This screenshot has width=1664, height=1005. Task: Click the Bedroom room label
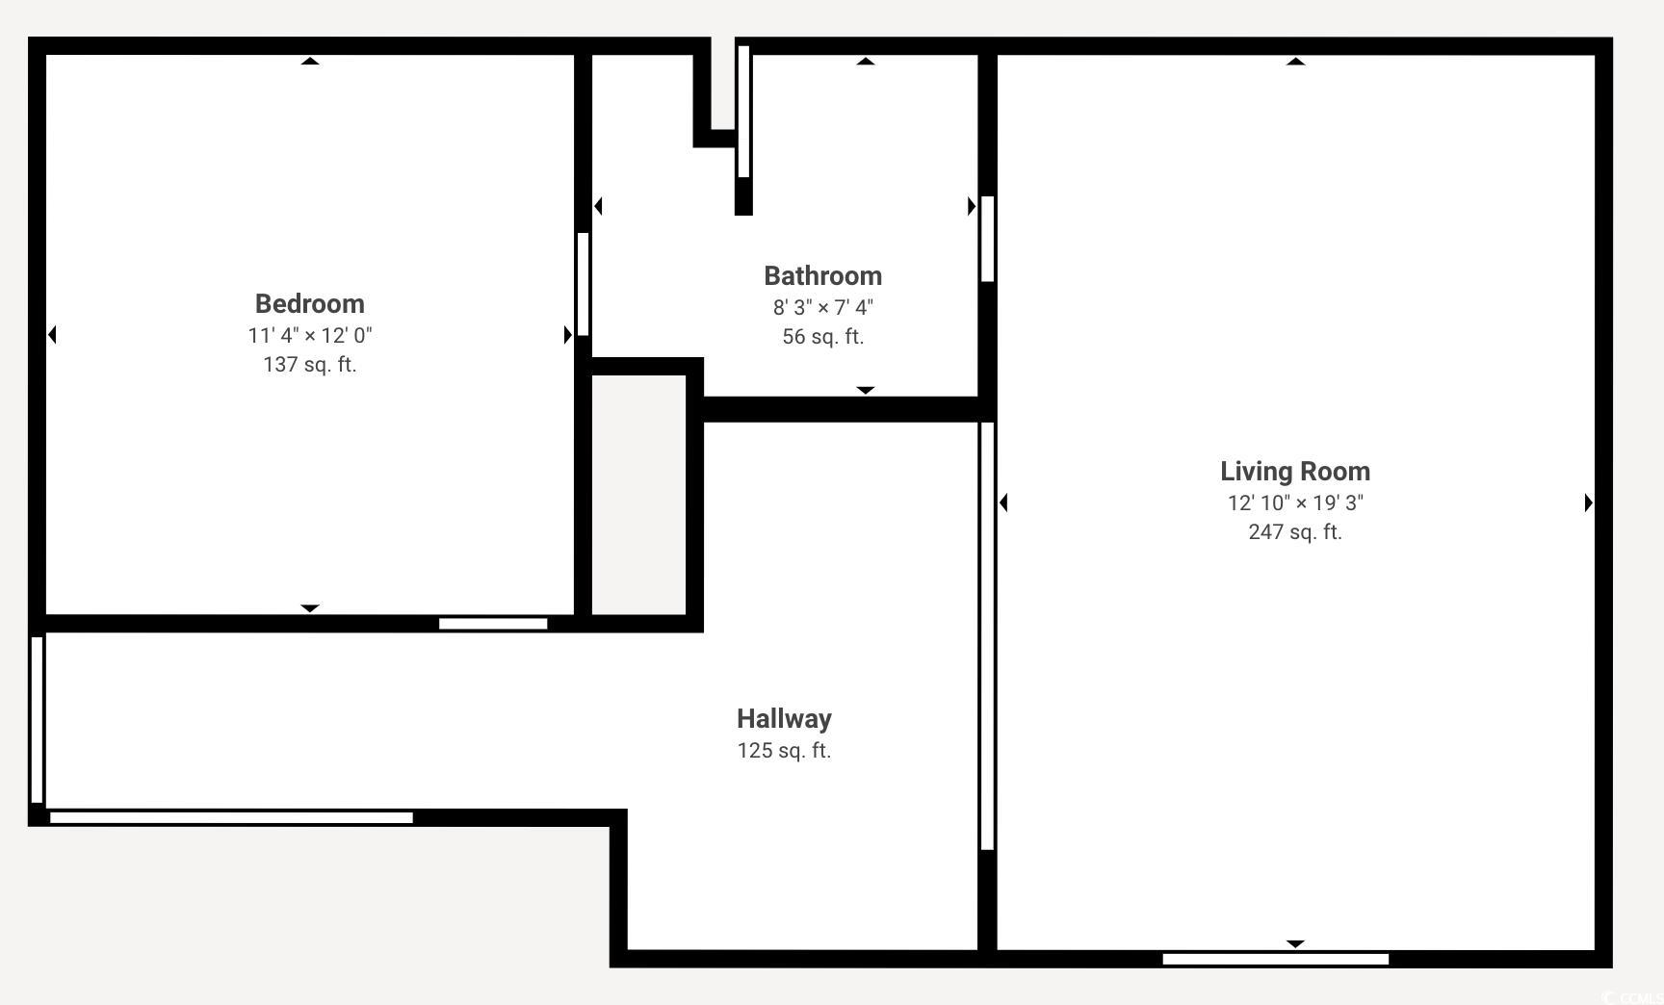309,304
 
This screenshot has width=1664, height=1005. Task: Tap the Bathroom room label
822,276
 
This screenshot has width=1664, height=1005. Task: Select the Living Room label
1295,472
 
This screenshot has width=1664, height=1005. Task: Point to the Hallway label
784,719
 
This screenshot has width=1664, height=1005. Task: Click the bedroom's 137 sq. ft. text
309,365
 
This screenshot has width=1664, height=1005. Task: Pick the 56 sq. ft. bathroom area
822,337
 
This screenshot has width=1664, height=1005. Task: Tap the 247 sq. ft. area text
1295,532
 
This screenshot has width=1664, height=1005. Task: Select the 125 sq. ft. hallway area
784,751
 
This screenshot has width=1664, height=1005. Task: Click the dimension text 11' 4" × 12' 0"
309,335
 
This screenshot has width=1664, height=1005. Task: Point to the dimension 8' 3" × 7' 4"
822,307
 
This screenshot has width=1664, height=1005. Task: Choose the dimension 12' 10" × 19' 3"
1295,502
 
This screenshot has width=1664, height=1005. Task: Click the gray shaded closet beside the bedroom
638,495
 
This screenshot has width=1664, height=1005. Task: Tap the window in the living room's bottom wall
1276,959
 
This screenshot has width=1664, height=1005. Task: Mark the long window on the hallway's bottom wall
231,817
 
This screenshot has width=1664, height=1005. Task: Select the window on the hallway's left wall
37,719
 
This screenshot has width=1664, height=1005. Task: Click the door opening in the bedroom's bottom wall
493,624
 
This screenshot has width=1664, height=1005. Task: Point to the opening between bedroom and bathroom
583,284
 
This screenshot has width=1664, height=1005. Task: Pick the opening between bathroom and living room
987,239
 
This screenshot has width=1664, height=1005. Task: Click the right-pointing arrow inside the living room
1589,502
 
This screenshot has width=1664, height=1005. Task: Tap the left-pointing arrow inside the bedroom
52,335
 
